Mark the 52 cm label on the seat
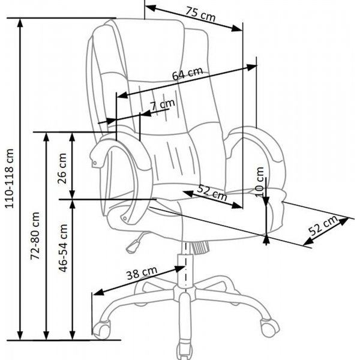click(x=211, y=193)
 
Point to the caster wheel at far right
click(x=269, y=326)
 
